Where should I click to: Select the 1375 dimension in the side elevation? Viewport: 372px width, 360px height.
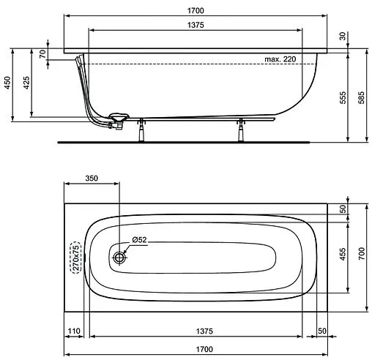click(194, 25)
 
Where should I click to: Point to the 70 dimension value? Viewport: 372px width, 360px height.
click(42, 54)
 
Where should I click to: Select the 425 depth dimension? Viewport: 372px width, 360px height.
click(26, 83)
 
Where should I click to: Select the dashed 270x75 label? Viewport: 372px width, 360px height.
click(73, 257)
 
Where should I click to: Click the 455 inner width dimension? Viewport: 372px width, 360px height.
click(343, 253)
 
